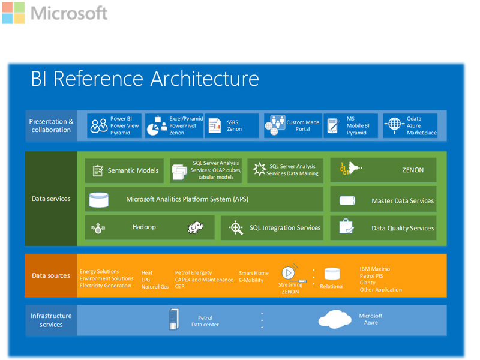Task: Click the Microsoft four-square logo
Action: (x=13, y=13)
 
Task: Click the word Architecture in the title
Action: (x=205, y=79)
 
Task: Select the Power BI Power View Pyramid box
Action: (x=114, y=125)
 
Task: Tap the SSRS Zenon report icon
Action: (x=215, y=125)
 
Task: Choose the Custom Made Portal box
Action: (x=293, y=125)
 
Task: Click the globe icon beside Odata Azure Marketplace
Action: (x=394, y=125)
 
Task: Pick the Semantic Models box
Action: (x=124, y=170)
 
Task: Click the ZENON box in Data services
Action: (x=383, y=170)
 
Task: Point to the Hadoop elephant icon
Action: (x=196, y=227)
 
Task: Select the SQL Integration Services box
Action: (x=272, y=228)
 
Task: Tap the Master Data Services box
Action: (x=383, y=199)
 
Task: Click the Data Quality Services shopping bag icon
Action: (x=347, y=227)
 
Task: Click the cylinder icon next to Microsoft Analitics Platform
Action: (x=98, y=200)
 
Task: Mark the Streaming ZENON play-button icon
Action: (x=289, y=272)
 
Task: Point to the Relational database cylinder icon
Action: (x=332, y=274)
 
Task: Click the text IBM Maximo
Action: (x=374, y=269)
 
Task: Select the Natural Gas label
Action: (x=155, y=287)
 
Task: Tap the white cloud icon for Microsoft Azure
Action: (x=335, y=319)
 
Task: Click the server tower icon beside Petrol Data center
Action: (x=174, y=319)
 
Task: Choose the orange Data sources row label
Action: (x=51, y=275)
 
